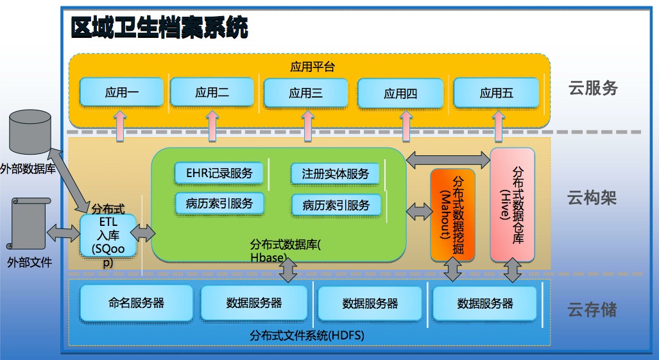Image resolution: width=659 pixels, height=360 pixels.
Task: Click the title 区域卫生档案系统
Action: [159, 28]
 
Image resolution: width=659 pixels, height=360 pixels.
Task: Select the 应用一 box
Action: [121, 92]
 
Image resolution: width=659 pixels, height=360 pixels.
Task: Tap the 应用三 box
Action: [305, 93]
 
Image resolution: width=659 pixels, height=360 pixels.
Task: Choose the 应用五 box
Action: [497, 93]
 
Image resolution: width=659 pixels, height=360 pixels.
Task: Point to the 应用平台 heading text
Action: [312, 67]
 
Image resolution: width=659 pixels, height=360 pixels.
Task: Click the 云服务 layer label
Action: [593, 88]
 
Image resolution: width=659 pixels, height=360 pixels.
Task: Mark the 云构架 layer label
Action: [592, 197]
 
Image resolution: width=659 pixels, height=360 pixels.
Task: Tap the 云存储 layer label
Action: [592, 309]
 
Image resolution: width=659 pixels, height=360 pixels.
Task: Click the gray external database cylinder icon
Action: [30, 132]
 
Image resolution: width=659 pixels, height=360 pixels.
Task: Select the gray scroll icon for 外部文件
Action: [28, 223]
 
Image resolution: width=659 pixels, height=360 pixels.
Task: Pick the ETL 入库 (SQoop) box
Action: [108, 236]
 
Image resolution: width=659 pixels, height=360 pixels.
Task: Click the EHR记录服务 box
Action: [219, 173]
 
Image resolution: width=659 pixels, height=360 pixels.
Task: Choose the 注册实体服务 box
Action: [335, 174]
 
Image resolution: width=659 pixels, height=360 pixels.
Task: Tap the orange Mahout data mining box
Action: [452, 215]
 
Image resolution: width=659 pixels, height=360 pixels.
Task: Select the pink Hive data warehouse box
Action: [512, 205]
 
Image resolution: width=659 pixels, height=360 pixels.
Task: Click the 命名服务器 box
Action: [136, 304]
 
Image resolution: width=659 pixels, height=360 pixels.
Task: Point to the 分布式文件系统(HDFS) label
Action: [307, 336]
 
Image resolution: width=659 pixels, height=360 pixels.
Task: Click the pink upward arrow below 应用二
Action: [212, 126]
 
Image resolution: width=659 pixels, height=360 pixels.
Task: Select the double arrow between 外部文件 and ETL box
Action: [64, 233]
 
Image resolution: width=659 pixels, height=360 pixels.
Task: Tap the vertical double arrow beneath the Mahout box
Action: [452, 269]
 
